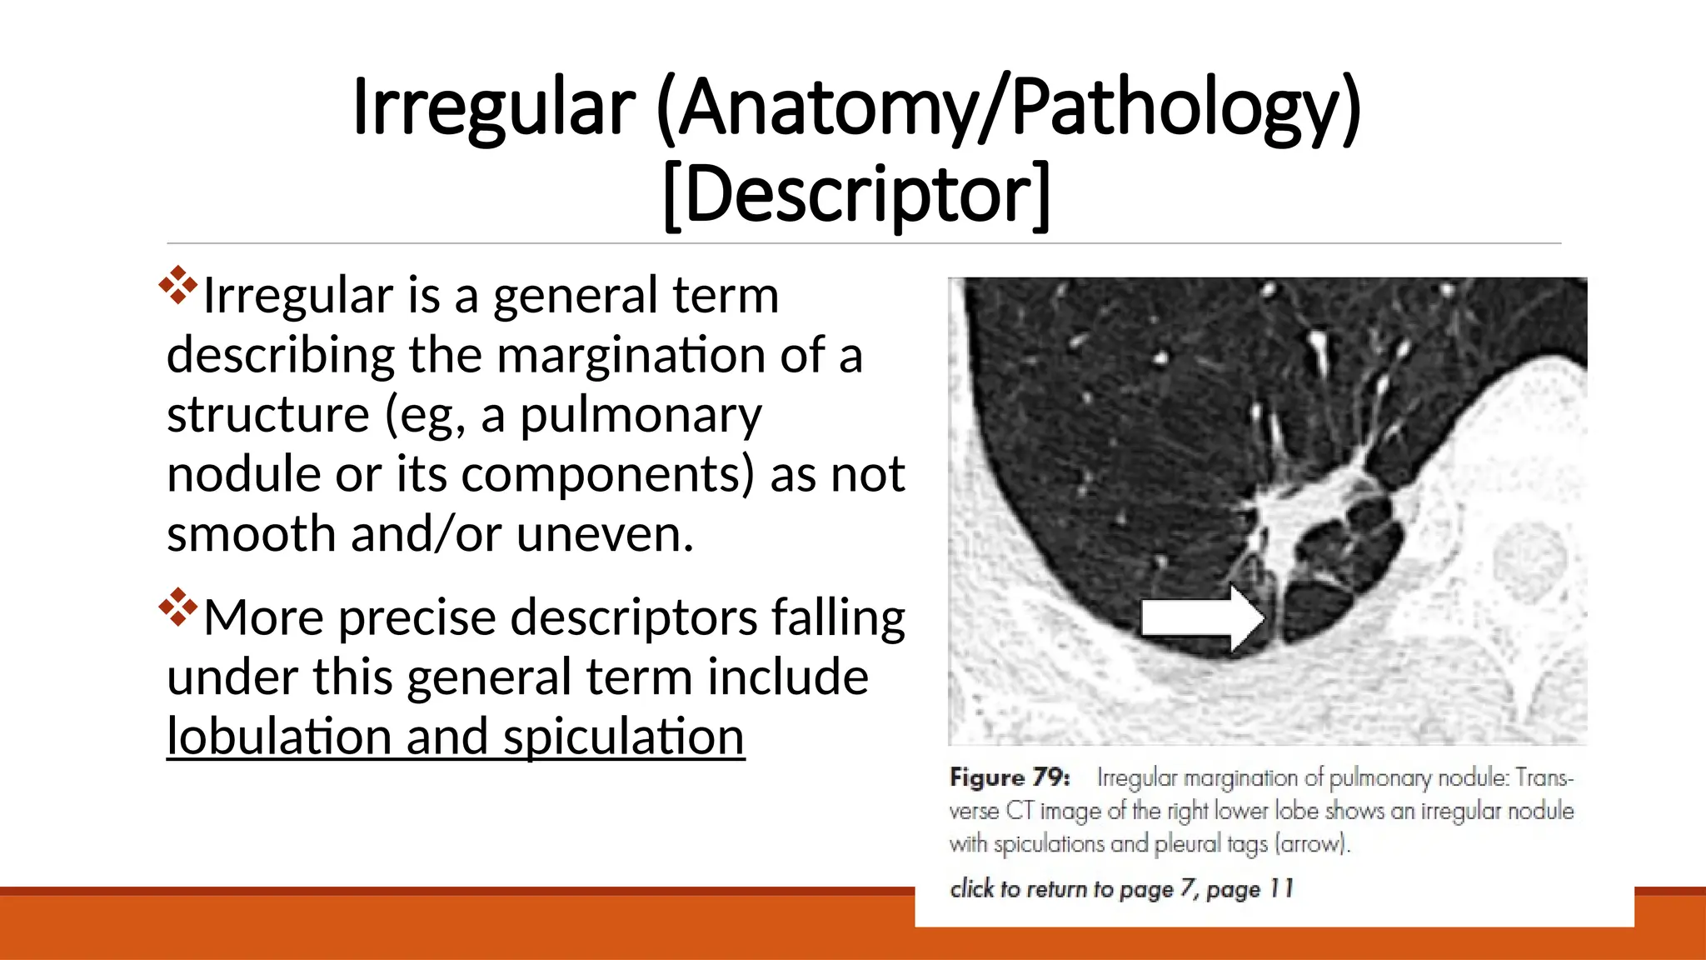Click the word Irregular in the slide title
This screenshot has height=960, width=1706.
tap(494, 108)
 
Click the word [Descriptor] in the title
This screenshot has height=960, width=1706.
tap(856, 195)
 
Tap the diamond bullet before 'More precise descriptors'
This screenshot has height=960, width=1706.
tap(177, 607)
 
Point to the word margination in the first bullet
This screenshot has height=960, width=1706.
tap(631, 356)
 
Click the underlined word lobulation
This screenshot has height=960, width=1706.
tap(279, 737)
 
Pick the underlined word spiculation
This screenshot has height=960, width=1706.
tap(623, 737)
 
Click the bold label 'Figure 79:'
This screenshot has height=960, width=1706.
tap(1009, 777)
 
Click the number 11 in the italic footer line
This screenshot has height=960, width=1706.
tap(1281, 889)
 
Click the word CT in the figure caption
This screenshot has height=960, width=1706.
tap(1020, 811)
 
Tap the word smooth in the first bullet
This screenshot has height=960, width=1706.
tap(251, 535)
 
